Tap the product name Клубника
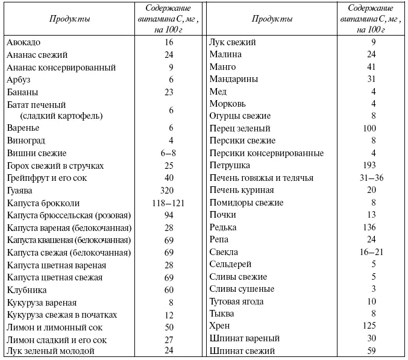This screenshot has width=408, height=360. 27,290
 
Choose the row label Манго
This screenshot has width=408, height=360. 222,67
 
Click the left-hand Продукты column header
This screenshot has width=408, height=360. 70,19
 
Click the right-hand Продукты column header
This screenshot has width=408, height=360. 272,19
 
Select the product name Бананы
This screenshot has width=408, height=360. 23,92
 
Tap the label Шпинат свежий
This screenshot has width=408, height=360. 242,351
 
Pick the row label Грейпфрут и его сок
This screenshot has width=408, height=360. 48,178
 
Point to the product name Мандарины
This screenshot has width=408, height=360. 233,79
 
